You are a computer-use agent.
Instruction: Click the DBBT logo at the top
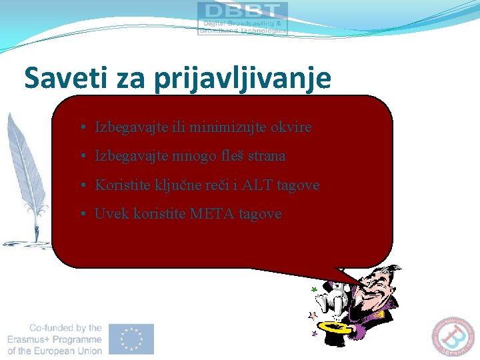[x=243, y=18]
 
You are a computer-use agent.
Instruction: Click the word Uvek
[x=111, y=214]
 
